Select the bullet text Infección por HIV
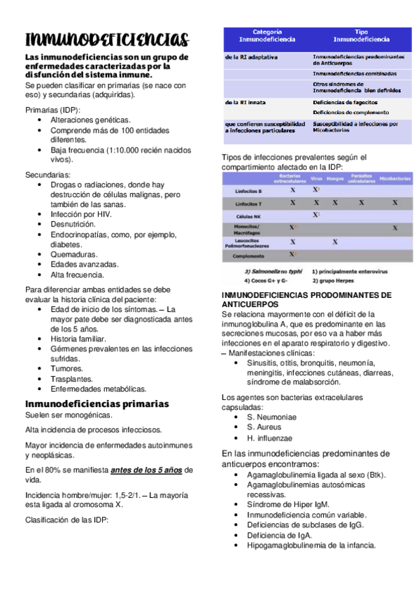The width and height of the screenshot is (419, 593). (80, 214)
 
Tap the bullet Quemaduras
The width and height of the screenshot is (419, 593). (73, 255)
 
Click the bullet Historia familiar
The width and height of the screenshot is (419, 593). (78, 338)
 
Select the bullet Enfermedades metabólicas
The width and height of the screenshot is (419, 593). (98, 388)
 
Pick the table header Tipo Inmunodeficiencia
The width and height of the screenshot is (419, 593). (361, 36)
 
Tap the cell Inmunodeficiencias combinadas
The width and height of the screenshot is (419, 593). (355, 73)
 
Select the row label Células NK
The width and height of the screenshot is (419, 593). (249, 216)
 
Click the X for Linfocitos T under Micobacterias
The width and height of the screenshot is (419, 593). (395, 203)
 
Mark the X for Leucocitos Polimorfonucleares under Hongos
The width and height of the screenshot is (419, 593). (335, 242)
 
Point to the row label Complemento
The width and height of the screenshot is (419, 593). (248, 256)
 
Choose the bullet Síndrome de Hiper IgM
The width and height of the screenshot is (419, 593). (287, 504)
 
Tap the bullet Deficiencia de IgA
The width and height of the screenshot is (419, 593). (279, 535)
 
